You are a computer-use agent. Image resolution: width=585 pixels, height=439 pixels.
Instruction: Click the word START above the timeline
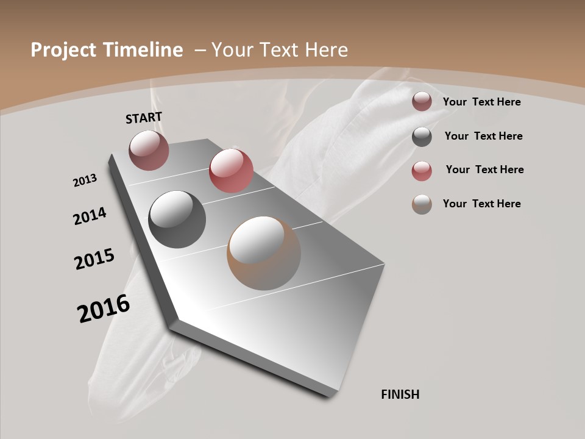[144, 118]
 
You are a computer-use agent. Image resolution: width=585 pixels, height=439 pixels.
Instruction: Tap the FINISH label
[400, 394]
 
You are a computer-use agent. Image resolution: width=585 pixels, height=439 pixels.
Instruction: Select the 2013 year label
[85, 180]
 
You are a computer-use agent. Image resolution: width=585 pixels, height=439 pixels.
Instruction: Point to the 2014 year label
[90, 216]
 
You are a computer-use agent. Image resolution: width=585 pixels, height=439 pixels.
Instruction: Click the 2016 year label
[104, 309]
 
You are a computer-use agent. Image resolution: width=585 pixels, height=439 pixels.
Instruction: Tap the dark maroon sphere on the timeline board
[149, 150]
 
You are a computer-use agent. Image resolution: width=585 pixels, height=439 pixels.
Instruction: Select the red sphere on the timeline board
[231, 171]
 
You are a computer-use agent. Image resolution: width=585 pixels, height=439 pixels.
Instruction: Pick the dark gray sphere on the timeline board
[177, 220]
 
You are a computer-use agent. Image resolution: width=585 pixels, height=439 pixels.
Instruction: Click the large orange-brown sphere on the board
[264, 253]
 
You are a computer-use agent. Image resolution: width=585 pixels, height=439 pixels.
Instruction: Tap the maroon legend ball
[422, 102]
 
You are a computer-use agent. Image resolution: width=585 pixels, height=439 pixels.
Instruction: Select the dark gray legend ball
[422, 137]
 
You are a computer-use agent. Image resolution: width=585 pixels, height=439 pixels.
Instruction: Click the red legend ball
[422, 171]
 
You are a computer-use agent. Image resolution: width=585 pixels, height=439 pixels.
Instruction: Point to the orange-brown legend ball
[422, 204]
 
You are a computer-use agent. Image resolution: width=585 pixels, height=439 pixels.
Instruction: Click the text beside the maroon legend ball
[481, 102]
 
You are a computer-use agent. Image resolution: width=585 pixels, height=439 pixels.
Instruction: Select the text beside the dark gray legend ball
[483, 136]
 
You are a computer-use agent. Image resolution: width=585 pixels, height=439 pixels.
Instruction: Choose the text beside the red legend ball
[484, 170]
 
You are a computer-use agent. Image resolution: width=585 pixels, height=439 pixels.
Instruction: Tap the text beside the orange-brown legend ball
[481, 204]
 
